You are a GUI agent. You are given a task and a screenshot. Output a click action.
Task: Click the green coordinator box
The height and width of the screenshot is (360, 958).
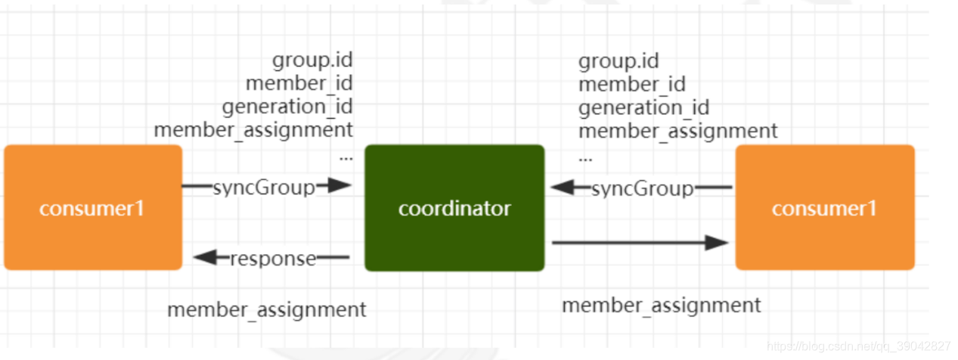[454, 208]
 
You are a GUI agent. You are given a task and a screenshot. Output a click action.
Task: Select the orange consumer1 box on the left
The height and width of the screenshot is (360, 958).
[92, 208]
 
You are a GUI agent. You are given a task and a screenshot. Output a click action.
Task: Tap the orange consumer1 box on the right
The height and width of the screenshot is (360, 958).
[825, 208]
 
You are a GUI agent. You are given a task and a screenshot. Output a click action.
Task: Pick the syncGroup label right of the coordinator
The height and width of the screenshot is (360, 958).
[642, 188]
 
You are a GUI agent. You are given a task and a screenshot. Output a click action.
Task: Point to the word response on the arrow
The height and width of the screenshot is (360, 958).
[273, 259]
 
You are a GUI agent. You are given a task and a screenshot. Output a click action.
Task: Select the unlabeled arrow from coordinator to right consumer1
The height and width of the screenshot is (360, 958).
[640, 243]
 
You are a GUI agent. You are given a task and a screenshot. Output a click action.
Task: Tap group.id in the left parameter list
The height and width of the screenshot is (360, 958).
[312, 60]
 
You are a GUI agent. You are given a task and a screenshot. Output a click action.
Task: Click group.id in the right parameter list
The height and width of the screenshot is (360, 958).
[619, 61]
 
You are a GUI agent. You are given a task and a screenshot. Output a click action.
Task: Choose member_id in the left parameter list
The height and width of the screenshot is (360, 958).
[299, 82]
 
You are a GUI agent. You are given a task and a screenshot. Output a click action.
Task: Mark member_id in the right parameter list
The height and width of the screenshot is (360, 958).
[632, 84]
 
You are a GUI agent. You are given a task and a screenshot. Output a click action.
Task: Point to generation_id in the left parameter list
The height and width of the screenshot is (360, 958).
[287, 106]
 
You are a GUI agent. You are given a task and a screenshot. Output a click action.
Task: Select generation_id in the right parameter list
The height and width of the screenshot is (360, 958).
[643, 107]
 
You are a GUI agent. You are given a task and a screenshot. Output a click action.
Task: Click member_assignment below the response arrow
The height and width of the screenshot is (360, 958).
[267, 309]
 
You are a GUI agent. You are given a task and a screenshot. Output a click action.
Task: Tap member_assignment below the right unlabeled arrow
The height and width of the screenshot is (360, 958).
[662, 305]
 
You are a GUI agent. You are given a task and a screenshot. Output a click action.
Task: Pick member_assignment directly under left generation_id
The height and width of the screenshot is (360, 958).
[253, 129]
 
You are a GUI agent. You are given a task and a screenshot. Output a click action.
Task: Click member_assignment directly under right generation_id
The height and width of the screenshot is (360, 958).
[678, 131]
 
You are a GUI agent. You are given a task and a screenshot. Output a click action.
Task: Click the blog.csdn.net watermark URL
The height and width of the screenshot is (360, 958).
[858, 346]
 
